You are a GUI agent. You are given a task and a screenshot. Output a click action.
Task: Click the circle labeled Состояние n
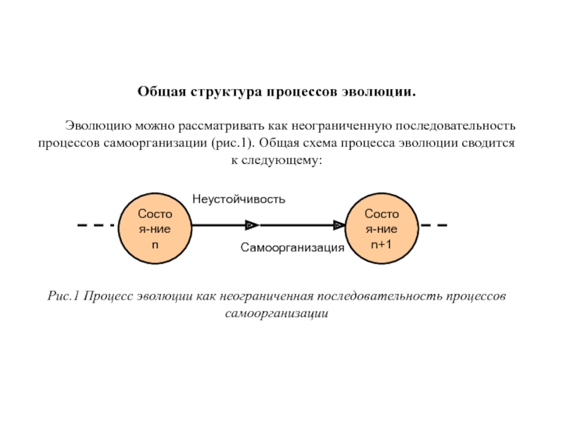click(x=156, y=226)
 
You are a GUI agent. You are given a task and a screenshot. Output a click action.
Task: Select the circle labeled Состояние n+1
click(x=382, y=226)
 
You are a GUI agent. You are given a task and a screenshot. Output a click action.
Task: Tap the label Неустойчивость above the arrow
click(x=239, y=199)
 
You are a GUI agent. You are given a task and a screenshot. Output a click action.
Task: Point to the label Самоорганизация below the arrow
click(x=292, y=248)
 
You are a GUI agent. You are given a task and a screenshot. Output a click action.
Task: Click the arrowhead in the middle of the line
click(x=251, y=225)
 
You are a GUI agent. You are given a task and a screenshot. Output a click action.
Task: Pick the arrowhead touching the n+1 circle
click(x=339, y=225)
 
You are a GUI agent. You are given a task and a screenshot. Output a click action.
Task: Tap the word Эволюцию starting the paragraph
click(x=96, y=126)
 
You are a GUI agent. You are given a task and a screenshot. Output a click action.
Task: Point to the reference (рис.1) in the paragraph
click(x=234, y=143)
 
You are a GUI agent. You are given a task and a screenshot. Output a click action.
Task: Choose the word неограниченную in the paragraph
click(x=343, y=126)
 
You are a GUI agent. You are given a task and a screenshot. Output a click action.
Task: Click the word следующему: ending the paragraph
click(x=287, y=160)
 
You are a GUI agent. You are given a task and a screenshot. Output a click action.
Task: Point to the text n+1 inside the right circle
click(x=382, y=243)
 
